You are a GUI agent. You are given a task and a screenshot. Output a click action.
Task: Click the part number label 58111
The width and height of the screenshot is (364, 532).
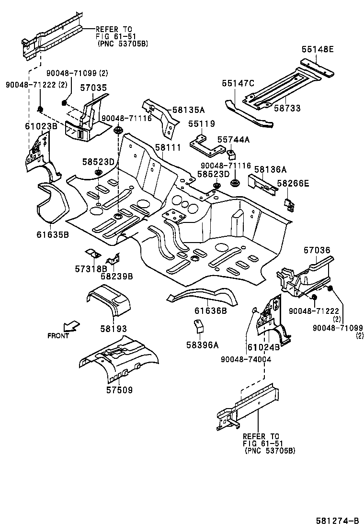click(168, 148)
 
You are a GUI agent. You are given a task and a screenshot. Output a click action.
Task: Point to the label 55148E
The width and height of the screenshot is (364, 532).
click(318, 49)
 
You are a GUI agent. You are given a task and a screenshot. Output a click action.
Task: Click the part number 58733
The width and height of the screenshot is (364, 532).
click(287, 109)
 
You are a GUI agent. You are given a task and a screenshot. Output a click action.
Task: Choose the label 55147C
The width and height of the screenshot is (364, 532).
click(238, 83)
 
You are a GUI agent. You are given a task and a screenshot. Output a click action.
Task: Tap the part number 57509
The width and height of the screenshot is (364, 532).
click(119, 390)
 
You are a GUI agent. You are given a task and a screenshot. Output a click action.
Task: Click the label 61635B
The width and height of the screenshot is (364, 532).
click(53, 234)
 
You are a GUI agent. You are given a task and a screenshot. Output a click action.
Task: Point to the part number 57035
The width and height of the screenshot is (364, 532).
click(93, 88)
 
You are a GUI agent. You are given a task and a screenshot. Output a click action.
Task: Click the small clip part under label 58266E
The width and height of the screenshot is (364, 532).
click(290, 203)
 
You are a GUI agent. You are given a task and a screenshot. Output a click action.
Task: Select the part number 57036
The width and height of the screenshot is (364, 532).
click(317, 250)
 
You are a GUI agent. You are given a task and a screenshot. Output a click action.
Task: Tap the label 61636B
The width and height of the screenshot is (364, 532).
click(210, 311)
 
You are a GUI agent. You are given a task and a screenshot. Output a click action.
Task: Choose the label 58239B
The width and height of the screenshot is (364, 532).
click(116, 277)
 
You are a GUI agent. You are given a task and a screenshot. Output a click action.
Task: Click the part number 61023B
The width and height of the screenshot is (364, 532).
click(41, 126)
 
